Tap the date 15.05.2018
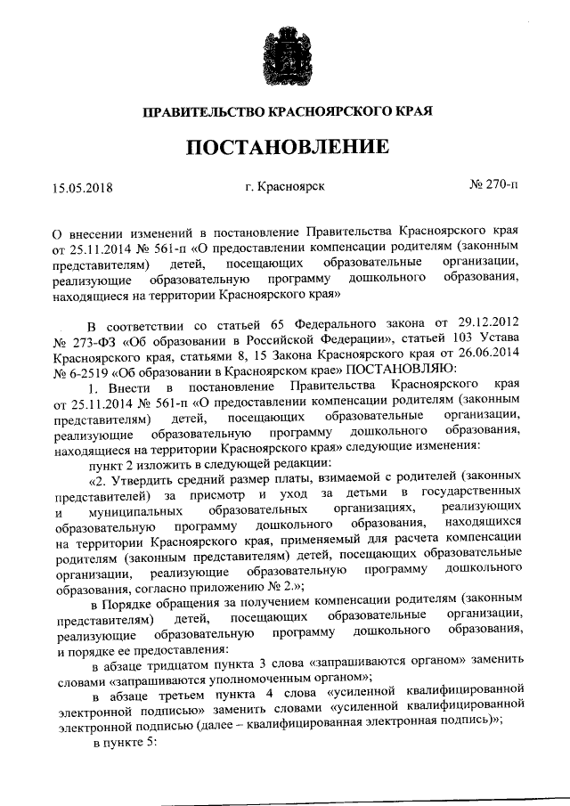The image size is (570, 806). pyautogui.click(x=84, y=188)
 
